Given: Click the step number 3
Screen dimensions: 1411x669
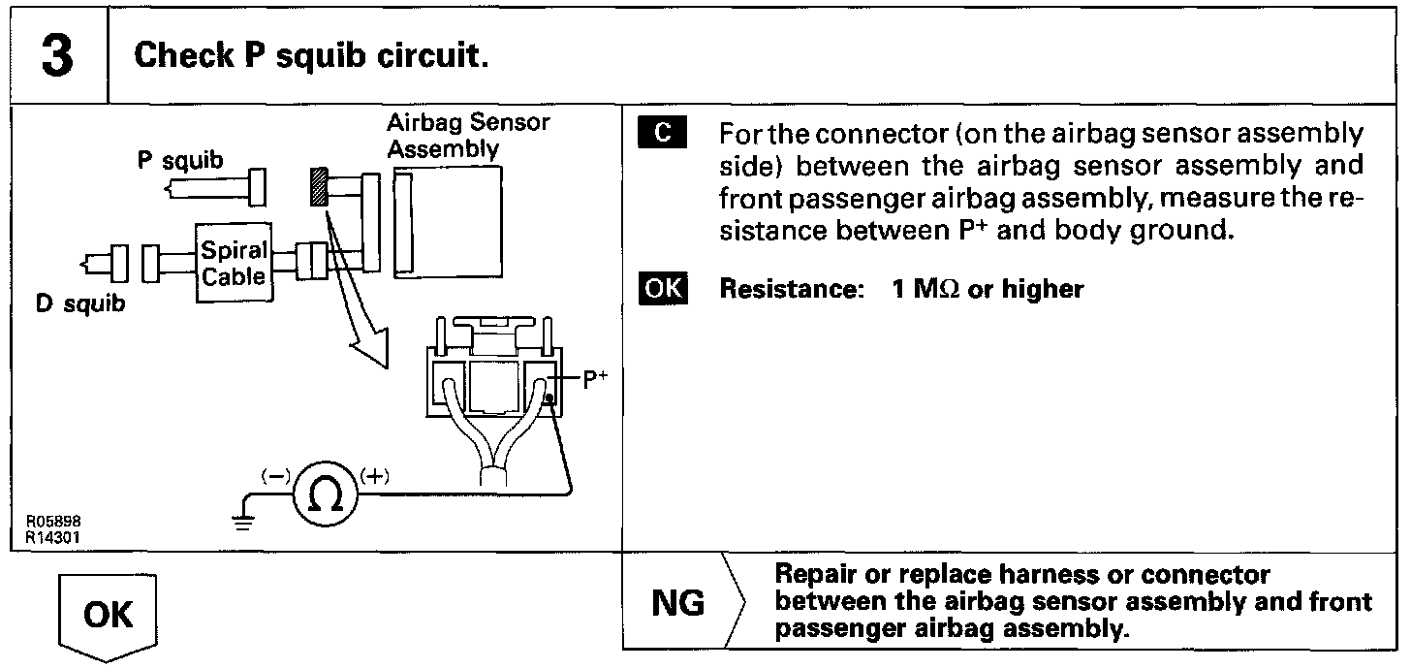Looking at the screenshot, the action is pos(57,55).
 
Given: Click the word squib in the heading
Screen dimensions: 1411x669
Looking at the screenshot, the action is pos(321,56).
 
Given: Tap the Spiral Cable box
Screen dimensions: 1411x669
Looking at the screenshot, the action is pos(234,263).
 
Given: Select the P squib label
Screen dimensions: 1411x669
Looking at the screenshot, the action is pos(180,160).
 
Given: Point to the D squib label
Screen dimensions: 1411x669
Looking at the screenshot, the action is pos(80,303).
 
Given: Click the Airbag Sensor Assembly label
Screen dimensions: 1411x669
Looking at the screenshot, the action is pos(468,136).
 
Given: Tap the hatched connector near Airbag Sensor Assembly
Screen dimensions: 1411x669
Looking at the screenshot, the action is pos(320,186).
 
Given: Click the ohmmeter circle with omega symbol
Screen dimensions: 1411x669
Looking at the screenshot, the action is pos(326,494).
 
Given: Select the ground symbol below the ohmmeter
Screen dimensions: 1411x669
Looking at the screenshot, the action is pos(243,522).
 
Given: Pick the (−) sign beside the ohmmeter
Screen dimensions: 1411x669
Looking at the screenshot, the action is pos(276,476).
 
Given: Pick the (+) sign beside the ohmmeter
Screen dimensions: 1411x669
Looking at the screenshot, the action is pos(375,476).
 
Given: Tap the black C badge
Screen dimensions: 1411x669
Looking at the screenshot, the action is pos(662,132).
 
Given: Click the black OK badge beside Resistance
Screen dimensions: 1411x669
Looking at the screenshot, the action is pos(663,289).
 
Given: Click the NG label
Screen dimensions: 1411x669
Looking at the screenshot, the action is pos(677,603).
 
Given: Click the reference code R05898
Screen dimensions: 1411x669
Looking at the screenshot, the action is pos(53,521).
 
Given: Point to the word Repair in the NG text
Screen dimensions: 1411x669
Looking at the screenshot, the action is pos(815,575).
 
